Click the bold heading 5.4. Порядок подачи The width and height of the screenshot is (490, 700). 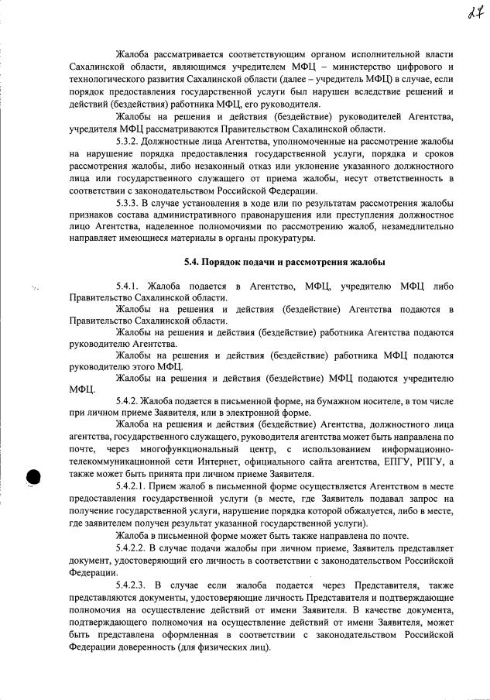(283, 262)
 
